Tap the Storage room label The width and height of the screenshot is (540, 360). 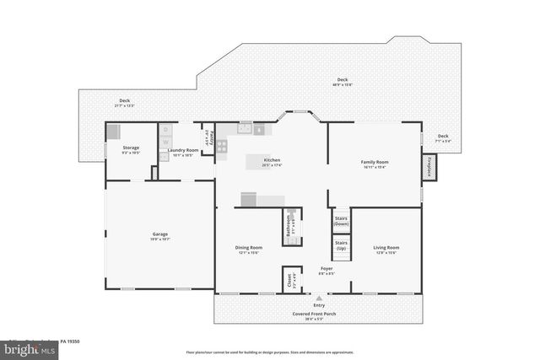point(130,148)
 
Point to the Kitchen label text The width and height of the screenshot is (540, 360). point(272,160)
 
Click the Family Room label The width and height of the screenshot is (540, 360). point(374,162)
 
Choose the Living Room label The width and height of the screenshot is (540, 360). point(386,248)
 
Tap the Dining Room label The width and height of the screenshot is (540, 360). point(248,248)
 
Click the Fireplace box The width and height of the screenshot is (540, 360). point(430,166)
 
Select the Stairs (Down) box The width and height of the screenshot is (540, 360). point(341,221)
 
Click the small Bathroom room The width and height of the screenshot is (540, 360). point(291,225)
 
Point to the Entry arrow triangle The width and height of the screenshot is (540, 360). point(319,298)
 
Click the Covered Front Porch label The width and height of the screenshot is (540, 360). point(319,314)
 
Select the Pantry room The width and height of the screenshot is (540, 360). point(208,136)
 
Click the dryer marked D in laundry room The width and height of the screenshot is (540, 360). point(166,130)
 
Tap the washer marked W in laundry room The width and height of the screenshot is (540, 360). point(166,142)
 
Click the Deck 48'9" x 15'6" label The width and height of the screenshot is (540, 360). point(342,81)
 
